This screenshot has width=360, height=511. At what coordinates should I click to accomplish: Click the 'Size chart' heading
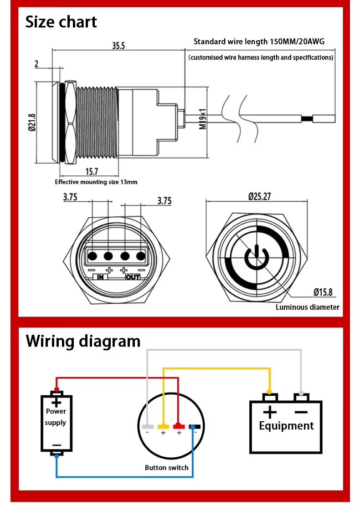tap(61, 22)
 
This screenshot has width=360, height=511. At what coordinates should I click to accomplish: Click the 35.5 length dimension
tap(118, 45)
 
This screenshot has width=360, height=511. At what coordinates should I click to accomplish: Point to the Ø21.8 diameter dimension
tap(32, 122)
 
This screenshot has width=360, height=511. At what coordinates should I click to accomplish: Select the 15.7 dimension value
tap(92, 171)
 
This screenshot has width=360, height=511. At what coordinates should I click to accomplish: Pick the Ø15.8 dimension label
tap(324, 292)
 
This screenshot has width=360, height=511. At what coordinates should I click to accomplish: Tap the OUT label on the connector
tap(133, 277)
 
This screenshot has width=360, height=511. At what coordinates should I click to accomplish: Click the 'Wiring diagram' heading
tap(83, 341)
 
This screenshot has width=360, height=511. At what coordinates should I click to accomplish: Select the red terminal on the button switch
tap(178, 426)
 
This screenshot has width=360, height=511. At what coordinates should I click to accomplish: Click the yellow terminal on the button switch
tap(163, 426)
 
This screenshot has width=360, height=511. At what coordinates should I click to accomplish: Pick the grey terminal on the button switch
tap(147, 426)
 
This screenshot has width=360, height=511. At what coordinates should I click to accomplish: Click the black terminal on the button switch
tap(195, 426)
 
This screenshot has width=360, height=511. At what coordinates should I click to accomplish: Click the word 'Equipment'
tap(286, 426)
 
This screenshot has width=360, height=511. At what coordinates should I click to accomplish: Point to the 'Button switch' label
tap(166, 467)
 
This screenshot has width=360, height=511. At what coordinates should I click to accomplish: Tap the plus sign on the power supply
tap(56, 402)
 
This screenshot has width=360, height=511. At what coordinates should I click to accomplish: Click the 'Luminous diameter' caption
tap(307, 307)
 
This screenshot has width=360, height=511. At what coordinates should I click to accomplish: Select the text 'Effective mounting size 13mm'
tap(96, 182)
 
